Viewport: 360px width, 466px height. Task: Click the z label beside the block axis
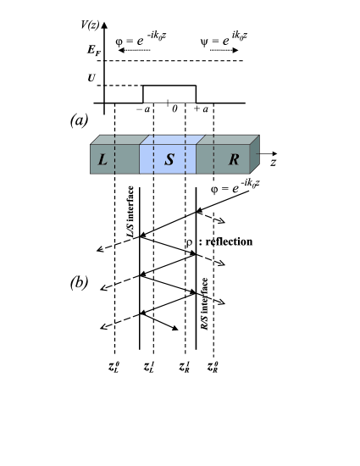tap(273, 159)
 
